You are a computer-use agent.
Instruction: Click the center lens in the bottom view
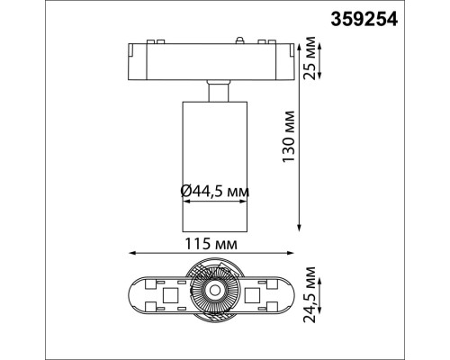point(215,290)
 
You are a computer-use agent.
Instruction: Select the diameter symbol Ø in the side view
point(185,192)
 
